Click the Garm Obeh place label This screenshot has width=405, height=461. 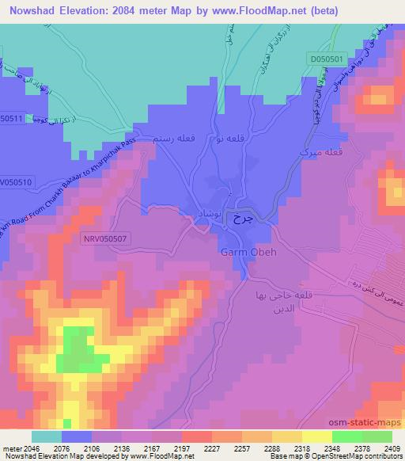pyautogui.click(x=247, y=253)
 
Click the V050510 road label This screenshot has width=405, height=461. pyautogui.click(x=15, y=181)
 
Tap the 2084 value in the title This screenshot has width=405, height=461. pyautogui.click(x=140, y=11)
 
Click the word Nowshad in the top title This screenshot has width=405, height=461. pyautogui.click(x=32, y=11)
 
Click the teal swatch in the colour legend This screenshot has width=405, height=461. pyautogui.click(x=47, y=436)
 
